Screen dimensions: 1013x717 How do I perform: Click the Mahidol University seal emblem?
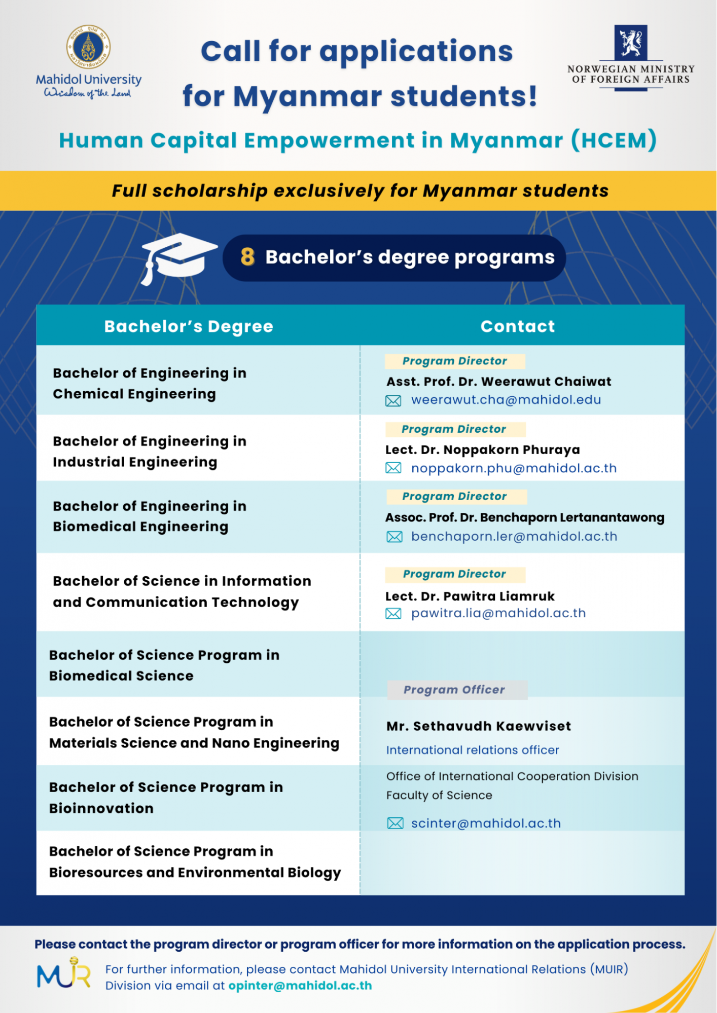(x=89, y=47)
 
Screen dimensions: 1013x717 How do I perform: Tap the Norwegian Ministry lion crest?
(x=630, y=43)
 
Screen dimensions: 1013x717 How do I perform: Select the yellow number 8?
(x=247, y=257)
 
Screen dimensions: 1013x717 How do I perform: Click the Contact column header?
(x=517, y=326)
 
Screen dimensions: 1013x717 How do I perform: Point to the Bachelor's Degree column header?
(x=189, y=326)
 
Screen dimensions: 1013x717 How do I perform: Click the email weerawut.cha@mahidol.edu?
(x=506, y=400)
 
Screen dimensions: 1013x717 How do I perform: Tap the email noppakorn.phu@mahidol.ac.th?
(x=514, y=468)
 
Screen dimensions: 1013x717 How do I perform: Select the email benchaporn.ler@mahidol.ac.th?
(x=514, y=537)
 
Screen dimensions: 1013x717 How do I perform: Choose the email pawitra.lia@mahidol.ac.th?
(x=498, y=613)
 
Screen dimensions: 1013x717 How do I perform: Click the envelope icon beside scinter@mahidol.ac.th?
(x=395, y=823)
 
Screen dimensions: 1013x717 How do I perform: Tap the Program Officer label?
(x=454, y=690)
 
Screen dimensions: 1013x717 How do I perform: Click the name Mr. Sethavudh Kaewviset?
(x=478, y=726)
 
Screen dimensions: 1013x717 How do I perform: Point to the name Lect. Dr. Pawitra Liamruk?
(x=470, y=596)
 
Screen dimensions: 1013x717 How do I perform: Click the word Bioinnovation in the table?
(x=101, y=808)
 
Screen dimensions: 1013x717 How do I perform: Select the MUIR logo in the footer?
(x=64, y=973)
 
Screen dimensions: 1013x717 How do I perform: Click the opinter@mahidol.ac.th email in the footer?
(x=300, y=986)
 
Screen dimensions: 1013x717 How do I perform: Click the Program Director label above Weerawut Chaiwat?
(x=454, y=361)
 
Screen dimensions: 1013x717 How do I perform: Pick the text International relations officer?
(x=473, y=750)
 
